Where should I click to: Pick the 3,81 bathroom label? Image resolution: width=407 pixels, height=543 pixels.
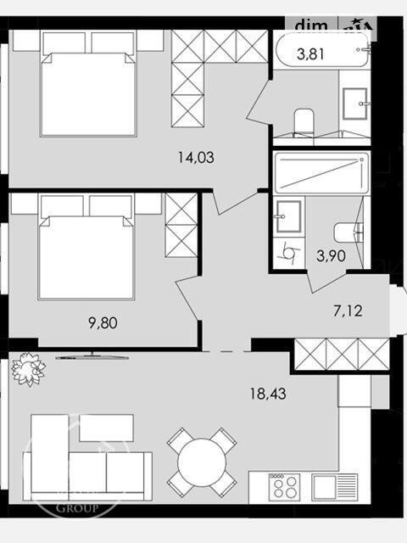click(309, 56)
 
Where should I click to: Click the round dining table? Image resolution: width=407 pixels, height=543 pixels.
click(202, 462)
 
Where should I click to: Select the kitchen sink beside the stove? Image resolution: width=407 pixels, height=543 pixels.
click(326, 487)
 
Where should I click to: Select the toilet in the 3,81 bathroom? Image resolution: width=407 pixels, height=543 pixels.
click(302, 120)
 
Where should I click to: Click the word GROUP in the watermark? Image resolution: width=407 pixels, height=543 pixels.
click(77, 509)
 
